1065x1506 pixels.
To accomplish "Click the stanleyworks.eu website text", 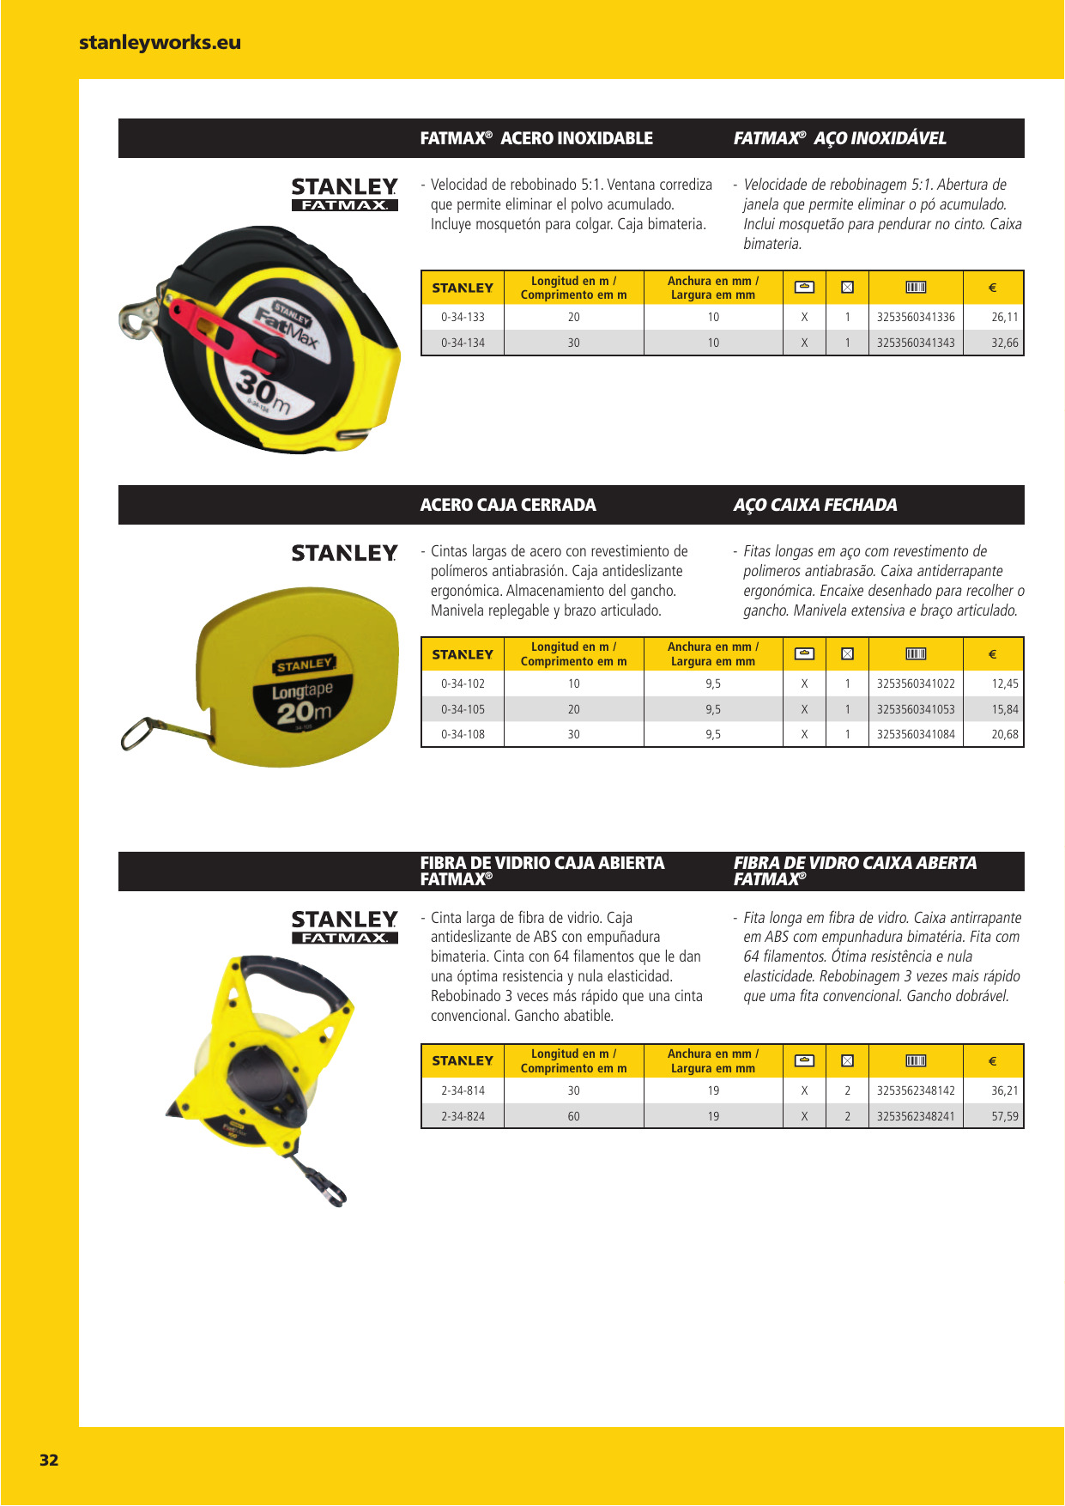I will [160, 42].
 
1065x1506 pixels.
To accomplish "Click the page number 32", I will [49, 1460].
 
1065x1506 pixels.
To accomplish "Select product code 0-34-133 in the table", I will [463, 317].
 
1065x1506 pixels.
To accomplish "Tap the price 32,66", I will [1004, 343].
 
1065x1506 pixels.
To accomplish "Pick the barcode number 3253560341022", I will [915, 683].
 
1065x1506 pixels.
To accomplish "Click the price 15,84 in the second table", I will [1004, 709].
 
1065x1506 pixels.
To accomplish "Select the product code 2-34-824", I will [463, 1116].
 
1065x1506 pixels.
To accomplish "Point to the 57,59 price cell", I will [1004, 1116].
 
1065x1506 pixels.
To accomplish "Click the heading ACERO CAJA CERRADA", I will [507, 505].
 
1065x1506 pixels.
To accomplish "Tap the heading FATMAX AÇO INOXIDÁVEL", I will [839, 138].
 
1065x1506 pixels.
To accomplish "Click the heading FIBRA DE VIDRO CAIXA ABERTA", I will [855, 863].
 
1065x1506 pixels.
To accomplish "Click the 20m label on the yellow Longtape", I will [303, 712].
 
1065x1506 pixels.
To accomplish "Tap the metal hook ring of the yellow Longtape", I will [142, 734].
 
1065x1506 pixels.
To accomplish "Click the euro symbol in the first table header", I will [992, 288].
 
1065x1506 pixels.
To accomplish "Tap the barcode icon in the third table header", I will [915, 1061].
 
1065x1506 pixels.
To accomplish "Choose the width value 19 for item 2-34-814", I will [713, 1090].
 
